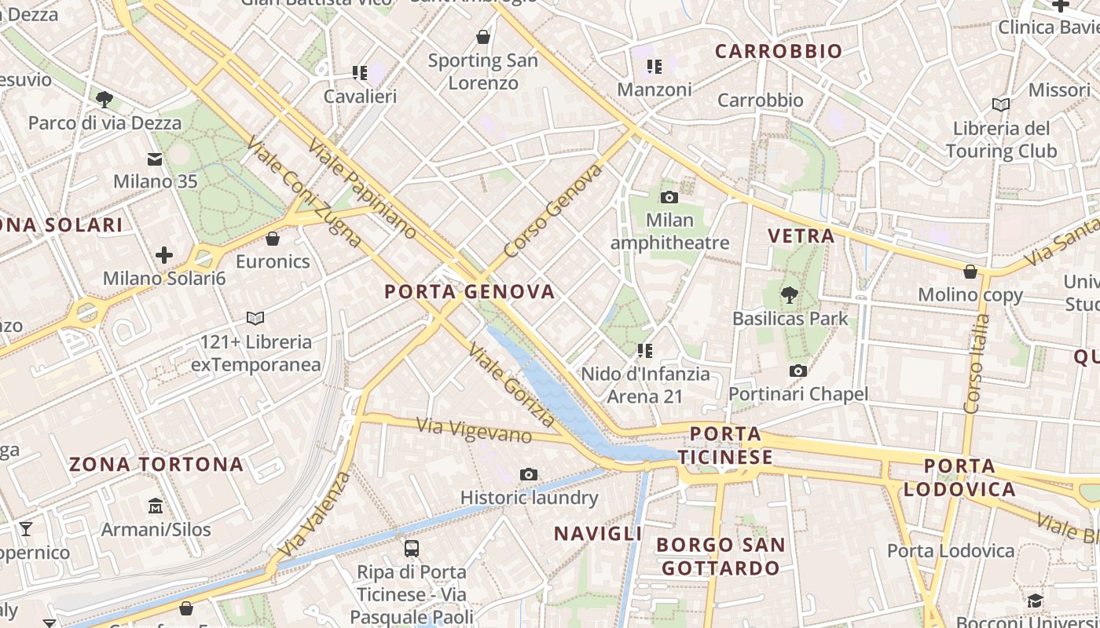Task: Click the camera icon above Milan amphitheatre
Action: point(669,197)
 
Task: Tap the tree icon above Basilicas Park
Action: point(790,295)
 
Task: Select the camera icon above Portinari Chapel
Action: point(798,371)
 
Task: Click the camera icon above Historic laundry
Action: point(529,474)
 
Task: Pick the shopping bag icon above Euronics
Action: point(273,238)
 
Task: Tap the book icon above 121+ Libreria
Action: point(255,318)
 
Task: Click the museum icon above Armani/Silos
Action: point(156,506)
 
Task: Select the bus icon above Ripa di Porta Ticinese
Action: point(411,548)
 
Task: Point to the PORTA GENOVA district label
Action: point(469,292)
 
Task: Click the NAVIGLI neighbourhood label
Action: point(598,534)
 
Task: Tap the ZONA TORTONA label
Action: point(156,464)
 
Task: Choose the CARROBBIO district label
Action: point(778,52)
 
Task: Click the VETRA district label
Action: point(801,235)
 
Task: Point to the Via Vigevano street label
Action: point(474,430)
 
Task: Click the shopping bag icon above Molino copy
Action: point(970,272)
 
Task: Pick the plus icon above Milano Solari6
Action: point(164,255)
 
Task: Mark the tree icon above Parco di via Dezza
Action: point(104,99)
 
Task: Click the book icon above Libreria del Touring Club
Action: point(1000,104)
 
